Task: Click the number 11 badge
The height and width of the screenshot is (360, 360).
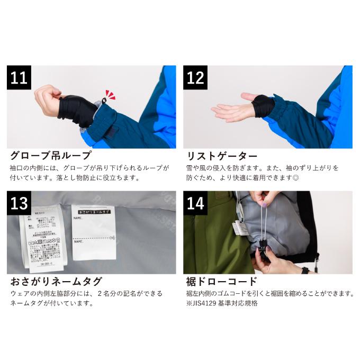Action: (19, 78)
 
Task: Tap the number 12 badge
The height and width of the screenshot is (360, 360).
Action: (195, 78)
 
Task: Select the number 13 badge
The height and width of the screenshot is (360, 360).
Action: (19, 203)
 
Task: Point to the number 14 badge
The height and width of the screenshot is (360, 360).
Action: (195, 203)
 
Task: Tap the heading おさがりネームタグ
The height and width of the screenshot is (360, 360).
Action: (56, 281)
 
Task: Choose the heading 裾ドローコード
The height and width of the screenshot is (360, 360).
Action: (222, 281)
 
